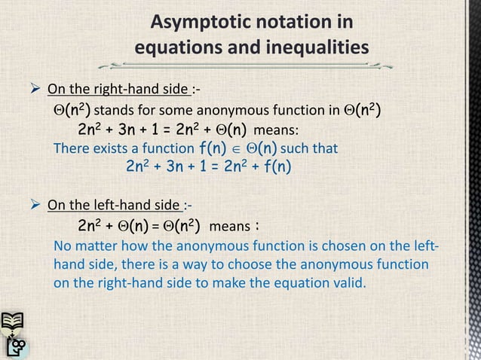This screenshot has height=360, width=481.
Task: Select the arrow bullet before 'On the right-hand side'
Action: point(32,92)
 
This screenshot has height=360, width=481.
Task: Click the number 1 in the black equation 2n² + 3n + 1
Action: point(159,131)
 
